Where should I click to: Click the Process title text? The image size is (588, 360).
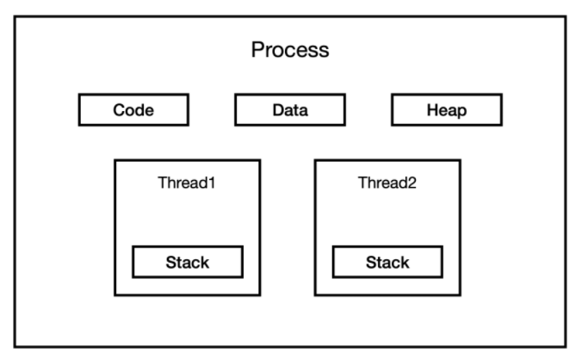[x=290, y=50]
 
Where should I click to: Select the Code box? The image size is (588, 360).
[x=133, y=110]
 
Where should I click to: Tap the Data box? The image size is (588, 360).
[x=290, y=110]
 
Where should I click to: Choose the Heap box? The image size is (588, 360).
[x=447, y=110]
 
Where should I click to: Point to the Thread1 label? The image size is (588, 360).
[x=187, y=183]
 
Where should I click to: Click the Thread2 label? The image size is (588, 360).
[x=387, y=183]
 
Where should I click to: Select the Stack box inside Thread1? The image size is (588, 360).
[x=188, y=262]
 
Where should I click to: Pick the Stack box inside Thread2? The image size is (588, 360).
[x=387, y=262]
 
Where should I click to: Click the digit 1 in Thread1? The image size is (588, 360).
[x=212, y=183]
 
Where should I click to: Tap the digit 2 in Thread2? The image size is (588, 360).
[x=412, y=183]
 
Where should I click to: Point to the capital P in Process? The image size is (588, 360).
[x=257, y=50]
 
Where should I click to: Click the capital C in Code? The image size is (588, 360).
[x=120, y=110]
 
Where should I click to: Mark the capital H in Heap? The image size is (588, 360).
[x=433, y=110]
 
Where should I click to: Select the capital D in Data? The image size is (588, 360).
[x=279, y=110]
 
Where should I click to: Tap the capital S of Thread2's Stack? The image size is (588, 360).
[x=372, y=263]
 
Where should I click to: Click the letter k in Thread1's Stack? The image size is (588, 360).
[x=205, y=263]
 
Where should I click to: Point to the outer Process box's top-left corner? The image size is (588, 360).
[x=15, y=16]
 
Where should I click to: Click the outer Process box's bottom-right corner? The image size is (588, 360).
[x=566, y=347]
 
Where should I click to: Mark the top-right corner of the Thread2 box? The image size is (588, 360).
[x=460, y=160]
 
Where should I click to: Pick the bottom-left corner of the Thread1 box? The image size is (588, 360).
[x=115, y=295]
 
